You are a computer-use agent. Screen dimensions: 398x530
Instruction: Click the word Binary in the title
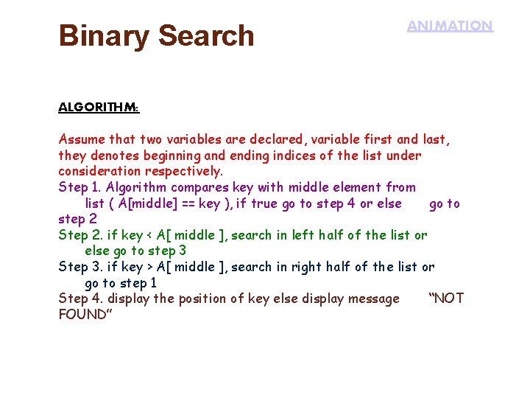(104, 35)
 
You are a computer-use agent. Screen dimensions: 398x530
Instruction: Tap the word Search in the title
(206, 35)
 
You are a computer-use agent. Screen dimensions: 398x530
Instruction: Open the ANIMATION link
(450, 26)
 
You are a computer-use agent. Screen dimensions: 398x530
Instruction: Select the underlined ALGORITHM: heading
(99, 107)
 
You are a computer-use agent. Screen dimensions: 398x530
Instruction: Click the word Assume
(82, 139)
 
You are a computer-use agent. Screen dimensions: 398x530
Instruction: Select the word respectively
(186, 172)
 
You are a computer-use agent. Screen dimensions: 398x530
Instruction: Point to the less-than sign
(150, 236)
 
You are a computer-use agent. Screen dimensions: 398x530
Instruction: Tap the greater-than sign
(150, 267)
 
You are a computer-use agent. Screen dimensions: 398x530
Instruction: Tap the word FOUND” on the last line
(83, 315)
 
